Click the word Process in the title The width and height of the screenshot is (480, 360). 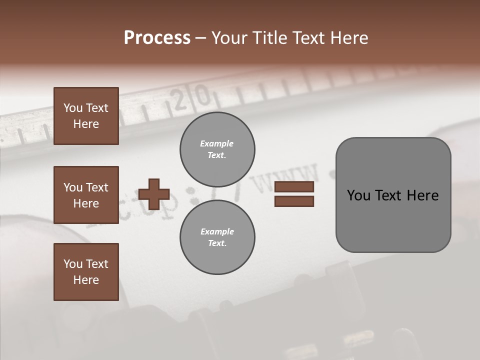point(157,38)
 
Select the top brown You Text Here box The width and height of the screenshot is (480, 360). point(86,116)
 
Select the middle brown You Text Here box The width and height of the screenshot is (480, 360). point(86,195)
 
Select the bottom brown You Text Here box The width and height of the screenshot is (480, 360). point(86,272)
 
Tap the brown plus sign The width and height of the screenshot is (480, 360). point(154,194)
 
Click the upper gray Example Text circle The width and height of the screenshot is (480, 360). point(217,149)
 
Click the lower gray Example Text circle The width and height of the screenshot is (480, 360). point(217,237)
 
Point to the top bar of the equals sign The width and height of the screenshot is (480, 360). point(294,187)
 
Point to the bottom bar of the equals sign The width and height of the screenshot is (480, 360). point(294,201)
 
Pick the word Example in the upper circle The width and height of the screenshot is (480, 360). point(216,143)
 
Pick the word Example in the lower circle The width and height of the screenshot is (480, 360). point(217,231)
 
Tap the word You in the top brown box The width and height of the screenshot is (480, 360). point(72,108)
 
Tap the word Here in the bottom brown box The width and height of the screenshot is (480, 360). point(86,280)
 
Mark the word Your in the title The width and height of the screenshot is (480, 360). point(230,38)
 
